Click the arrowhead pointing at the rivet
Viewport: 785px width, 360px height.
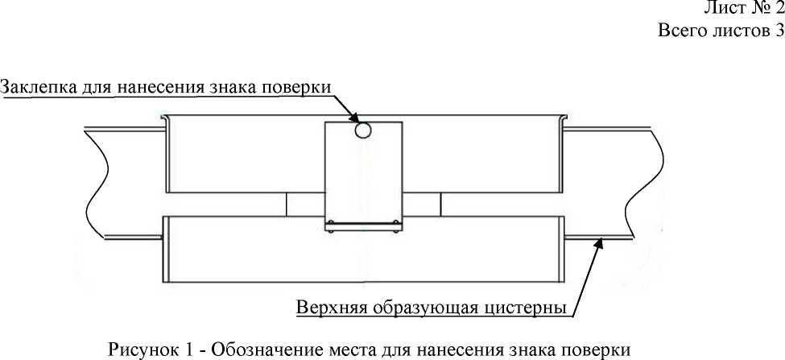point(353,118)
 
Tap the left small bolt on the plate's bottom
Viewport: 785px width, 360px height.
point(330,223)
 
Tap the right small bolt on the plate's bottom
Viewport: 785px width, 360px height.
point(396,223)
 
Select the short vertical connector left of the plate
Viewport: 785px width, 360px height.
point(286,205)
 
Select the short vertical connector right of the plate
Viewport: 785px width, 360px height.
point(440,205)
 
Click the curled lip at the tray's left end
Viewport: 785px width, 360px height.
point(164,119)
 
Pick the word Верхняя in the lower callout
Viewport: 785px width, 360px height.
point(330,307)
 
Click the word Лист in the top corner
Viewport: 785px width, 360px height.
point(722,9)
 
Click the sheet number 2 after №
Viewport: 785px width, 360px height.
point(779,8)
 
